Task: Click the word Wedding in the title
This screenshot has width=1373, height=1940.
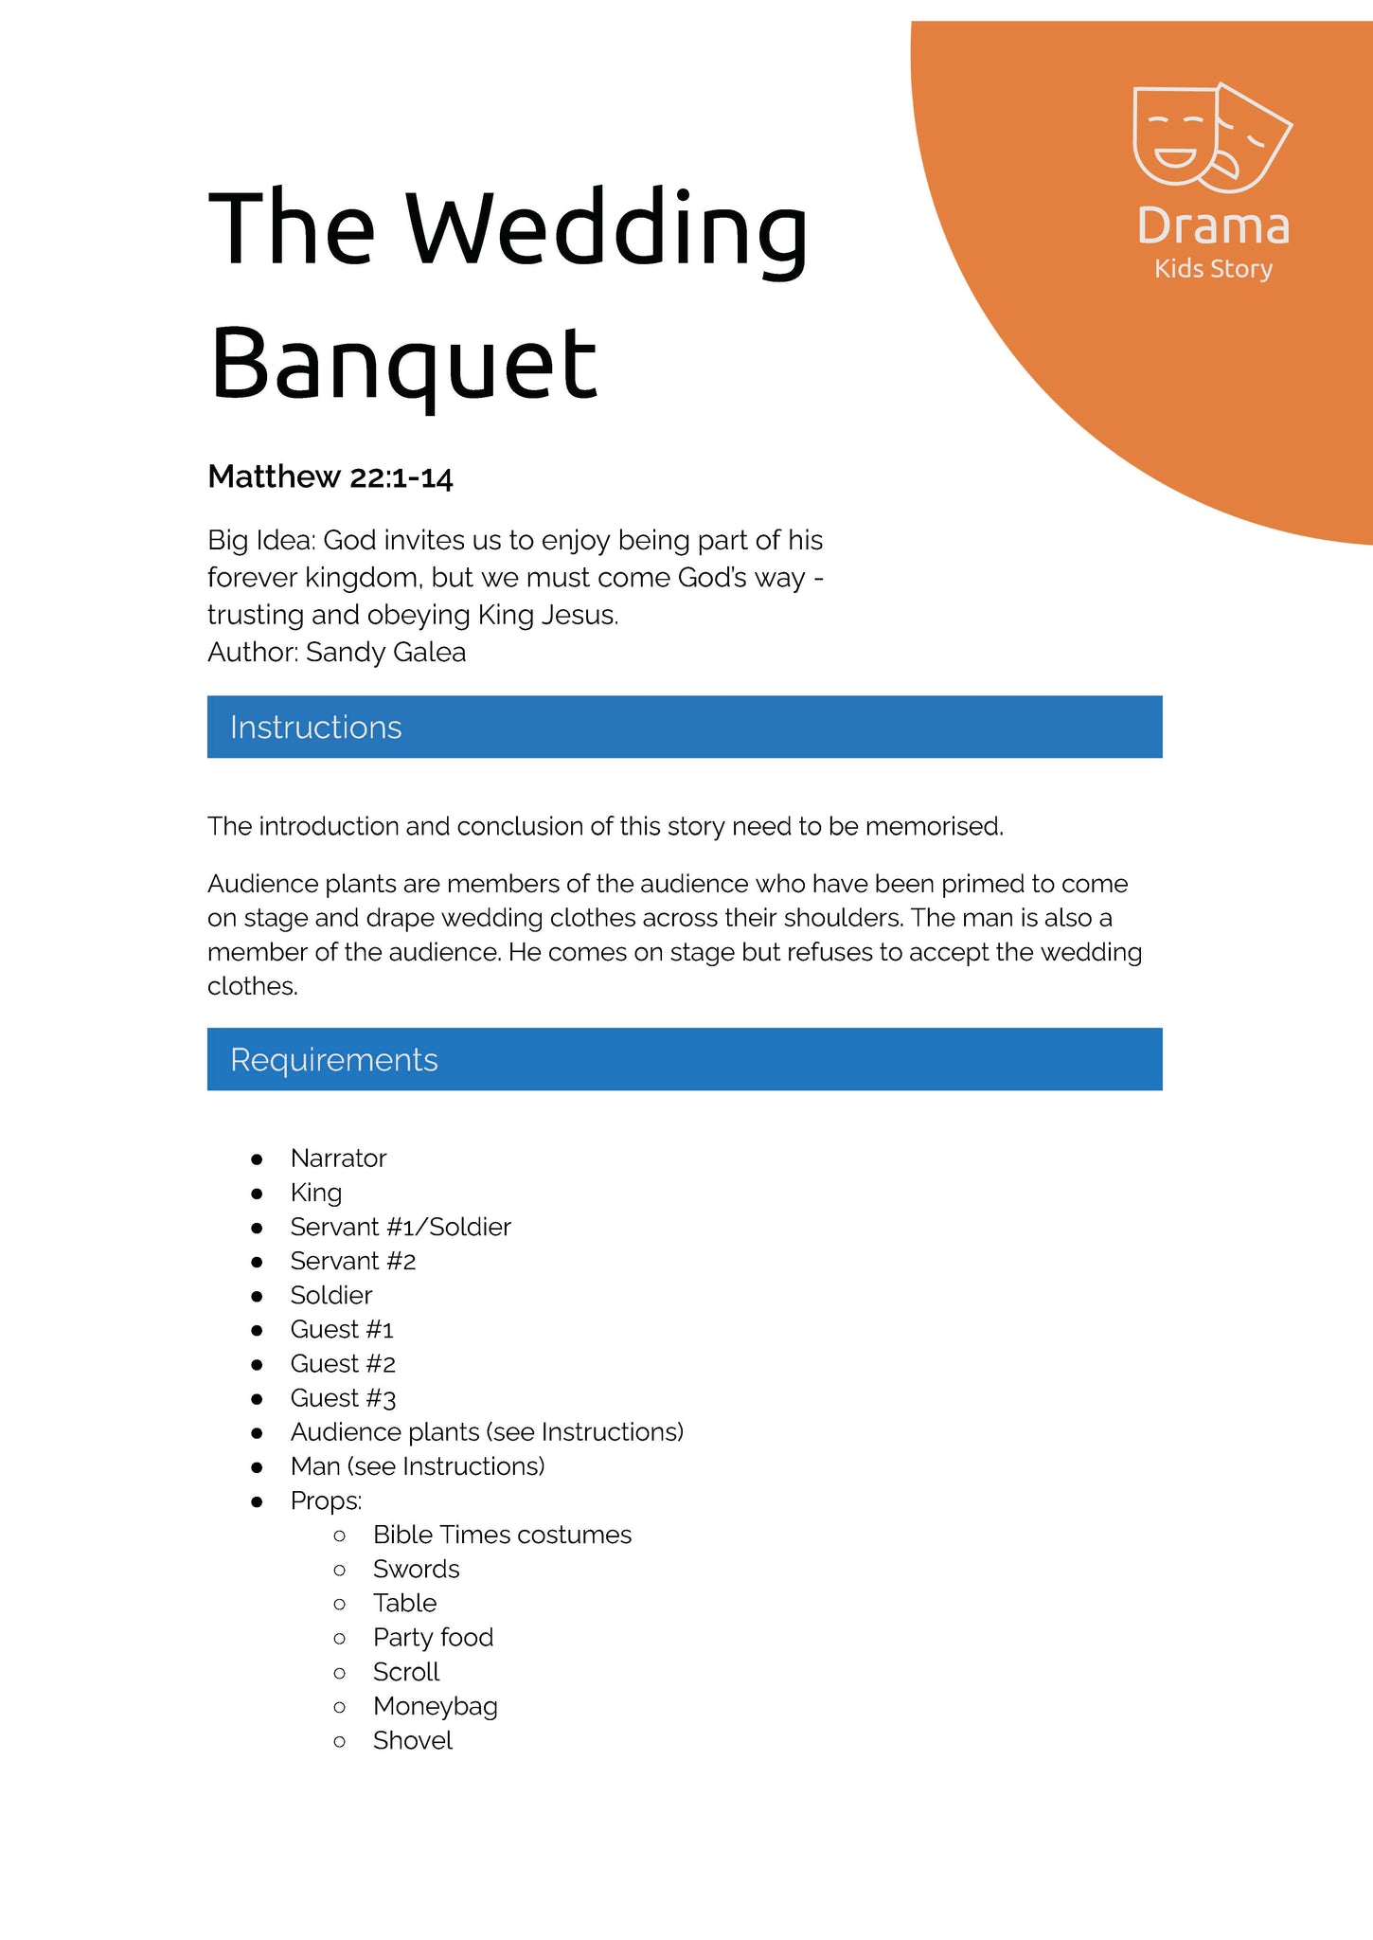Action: [x=606, y=230]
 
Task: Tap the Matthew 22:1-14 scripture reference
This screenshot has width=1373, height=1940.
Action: [x=330, y=476]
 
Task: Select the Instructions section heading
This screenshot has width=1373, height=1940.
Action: [x=315, y=727]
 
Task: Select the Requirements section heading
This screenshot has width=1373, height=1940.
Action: [x=333, y=1059]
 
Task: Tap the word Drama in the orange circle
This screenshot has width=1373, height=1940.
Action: [x=1213, y=227]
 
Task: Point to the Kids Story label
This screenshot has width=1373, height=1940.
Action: [x=1213, y=269]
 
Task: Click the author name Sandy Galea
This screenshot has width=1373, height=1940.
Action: [x=385, y=653]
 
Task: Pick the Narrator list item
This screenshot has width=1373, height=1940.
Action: [x=338, y=1159]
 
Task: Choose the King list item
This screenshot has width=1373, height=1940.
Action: [x=316, y=1193]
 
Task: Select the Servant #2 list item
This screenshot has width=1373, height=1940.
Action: [x=353, y=1261]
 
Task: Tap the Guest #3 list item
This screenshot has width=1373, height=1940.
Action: [x=343, y=1398]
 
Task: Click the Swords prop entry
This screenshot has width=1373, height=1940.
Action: [x=416, y=1569]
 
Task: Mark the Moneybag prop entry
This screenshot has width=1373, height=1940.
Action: [x=435, y=1706]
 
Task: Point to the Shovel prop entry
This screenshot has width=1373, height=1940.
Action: [x=413, y=1740]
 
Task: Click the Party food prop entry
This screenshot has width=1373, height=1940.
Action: [x=433, y=1638]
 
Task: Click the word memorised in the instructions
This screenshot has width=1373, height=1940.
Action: [x=933, y=827]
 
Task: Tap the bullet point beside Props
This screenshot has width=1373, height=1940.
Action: [x=257, y=1501]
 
